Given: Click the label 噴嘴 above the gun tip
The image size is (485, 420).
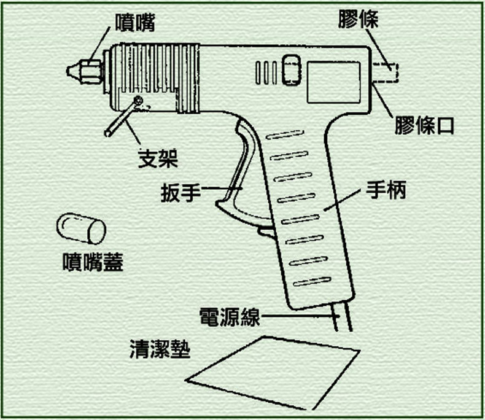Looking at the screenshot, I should [135, 23].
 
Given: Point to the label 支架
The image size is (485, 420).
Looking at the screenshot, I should [157, 159].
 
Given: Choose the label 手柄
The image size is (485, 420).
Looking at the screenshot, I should [386, 190].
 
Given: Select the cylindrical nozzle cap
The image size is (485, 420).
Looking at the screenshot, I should [81, 228].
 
